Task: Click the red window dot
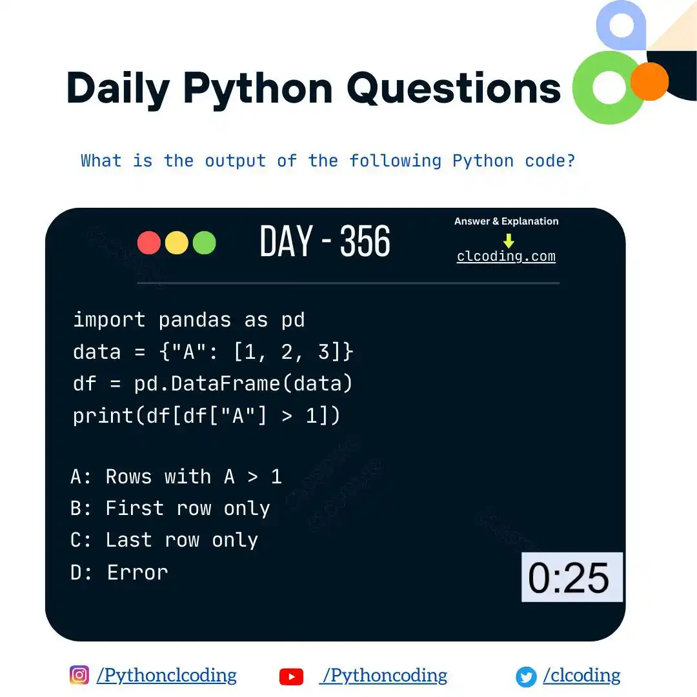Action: [149, 243]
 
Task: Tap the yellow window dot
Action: [177, 243]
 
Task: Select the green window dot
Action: [204, 243]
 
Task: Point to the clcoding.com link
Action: [506, 256]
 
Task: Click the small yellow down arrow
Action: [509, 241]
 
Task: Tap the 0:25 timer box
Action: [572, 577]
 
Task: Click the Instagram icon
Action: [79, 675]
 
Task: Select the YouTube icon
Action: [291, 676]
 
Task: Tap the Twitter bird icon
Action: [526, 677]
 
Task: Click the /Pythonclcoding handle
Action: [167, 675]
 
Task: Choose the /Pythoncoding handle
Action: [385, 675]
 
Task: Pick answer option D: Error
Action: [119, 572]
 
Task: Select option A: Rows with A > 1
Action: [176, 476]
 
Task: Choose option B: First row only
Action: [170, 508]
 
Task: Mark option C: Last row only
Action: [164, 540]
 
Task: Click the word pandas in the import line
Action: [195, 320]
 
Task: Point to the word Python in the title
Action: [258, 88]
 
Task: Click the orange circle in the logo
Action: [649, 81]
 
